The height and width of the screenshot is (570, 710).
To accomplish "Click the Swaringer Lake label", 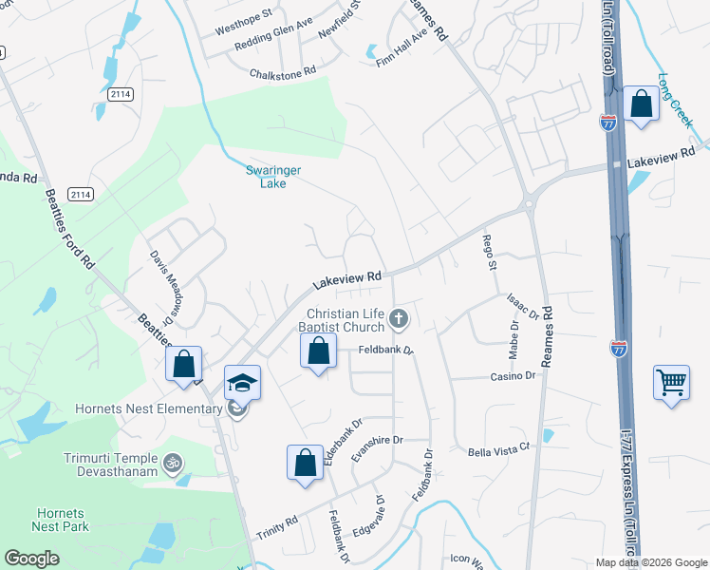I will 260,177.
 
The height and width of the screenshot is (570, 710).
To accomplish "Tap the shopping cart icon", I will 671,383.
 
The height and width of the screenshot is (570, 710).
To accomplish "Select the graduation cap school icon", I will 242,383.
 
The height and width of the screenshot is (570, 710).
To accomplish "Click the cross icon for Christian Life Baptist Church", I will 400,319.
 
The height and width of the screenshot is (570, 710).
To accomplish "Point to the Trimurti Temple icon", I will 172,464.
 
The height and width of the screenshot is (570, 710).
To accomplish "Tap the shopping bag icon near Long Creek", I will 641,104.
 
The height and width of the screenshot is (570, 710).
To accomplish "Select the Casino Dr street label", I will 513,375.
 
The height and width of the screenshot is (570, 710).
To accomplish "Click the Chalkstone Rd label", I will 282,73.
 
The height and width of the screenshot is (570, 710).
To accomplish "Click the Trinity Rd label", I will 277,528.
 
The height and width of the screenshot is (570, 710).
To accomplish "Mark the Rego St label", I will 490,253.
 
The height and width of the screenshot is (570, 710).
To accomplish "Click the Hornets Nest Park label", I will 60,519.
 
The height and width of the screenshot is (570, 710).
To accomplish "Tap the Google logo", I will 31,559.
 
